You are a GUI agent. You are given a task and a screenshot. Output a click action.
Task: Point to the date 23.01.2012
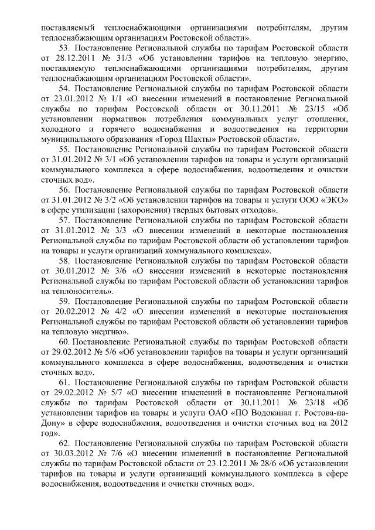[70, 98]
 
